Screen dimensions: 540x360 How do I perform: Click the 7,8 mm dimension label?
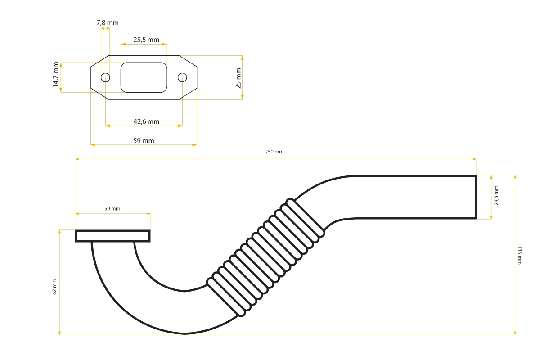(108, 22)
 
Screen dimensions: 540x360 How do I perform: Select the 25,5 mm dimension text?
(146, 40)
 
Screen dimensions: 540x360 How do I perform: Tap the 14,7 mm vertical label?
(56, 75)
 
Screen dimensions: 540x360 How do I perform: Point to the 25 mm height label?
(238, 78)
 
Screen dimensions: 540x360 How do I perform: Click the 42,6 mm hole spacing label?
(146, 121)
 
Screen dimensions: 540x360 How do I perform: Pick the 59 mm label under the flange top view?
(144, 140)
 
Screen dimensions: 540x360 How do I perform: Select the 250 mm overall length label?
(274, 152)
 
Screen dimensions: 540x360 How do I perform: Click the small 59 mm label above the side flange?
(112, 208)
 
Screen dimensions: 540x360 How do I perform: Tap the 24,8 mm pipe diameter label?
(496, 195)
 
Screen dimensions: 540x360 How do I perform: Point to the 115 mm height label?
(520, 255)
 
